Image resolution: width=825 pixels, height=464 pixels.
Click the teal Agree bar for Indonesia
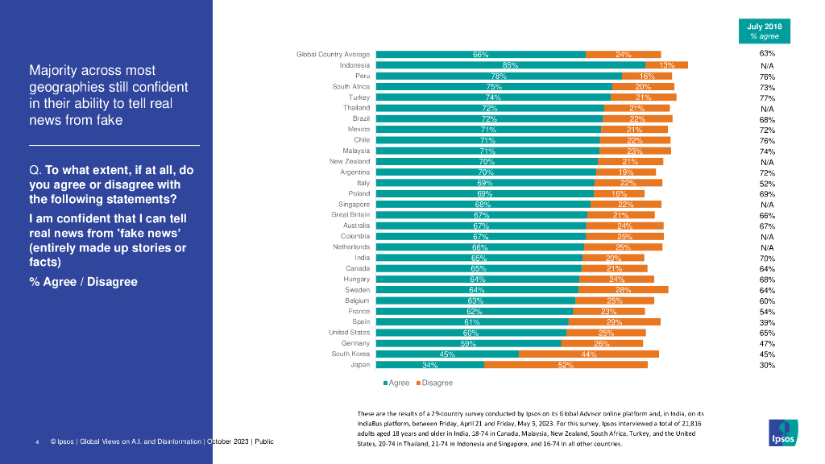[x=511, y=64]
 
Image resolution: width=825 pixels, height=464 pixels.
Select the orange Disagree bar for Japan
[x=566, y=365]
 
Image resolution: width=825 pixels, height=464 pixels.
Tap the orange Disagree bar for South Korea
[x=589, y=354]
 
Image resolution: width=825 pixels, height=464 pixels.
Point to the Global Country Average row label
[x=333, y=54]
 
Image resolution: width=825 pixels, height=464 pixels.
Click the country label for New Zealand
[x=350, y=161]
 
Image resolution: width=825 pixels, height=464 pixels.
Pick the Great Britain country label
[x=350, y=215]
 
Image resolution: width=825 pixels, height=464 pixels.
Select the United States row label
[x=349, y=333]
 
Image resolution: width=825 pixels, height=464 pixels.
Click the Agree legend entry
[x=396, y=383]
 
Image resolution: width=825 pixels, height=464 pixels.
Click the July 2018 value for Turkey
[x=767, y=97]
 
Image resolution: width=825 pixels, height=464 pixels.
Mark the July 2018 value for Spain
[x=767, y=322]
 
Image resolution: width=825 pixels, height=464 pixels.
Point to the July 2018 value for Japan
[x=767, y=365]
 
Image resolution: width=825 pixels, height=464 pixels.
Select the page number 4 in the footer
[x=37, y=442]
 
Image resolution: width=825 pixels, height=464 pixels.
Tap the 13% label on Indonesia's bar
[x=666, y=64]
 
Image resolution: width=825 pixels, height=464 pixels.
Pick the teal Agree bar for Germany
[x=468, y=343]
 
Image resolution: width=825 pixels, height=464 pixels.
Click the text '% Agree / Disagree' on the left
[x=83, y=282]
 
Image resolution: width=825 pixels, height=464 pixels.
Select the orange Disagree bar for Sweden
[x=623, y=290]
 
